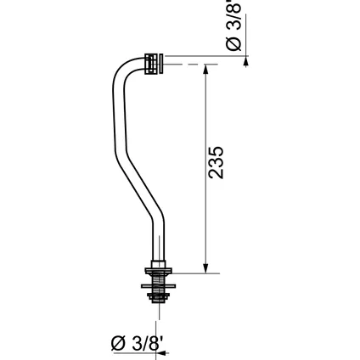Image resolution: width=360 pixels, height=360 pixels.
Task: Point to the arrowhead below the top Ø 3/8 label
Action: click(245, 55)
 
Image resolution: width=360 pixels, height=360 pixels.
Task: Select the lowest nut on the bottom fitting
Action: click(158, 298)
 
